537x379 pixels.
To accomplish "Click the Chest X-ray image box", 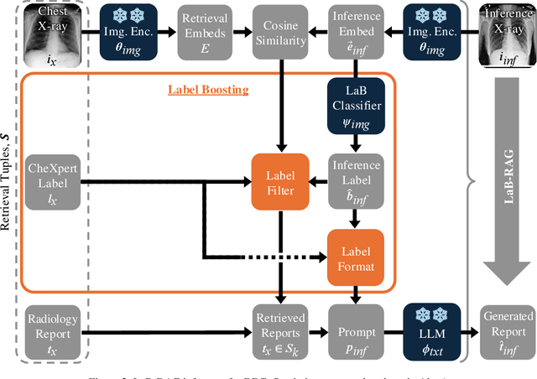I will tap(53, 33).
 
